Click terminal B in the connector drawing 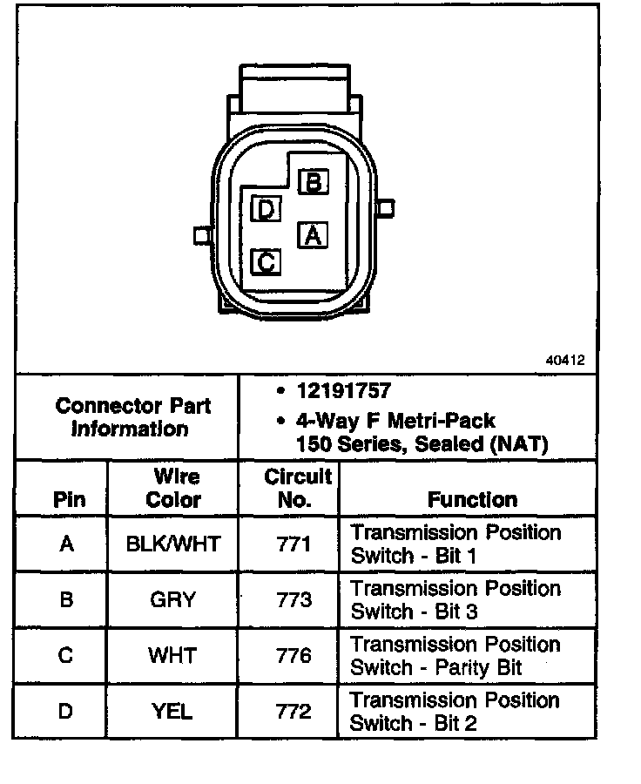(x=313, y=182)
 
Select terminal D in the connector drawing (x=265, y=209)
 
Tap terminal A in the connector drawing (x=312, y=235)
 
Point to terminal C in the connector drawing (x=266, y=261)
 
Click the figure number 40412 (x=566, y=360)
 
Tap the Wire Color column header (x=173, y=488)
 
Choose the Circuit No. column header (x=298, y=488)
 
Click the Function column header (x=472, y=499)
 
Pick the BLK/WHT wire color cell (x=173, y=544)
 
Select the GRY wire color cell (x=173, y=599)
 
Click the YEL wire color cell (x=173, y=711)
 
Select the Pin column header (x=70, y=500)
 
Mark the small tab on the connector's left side (x=202, y=236)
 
